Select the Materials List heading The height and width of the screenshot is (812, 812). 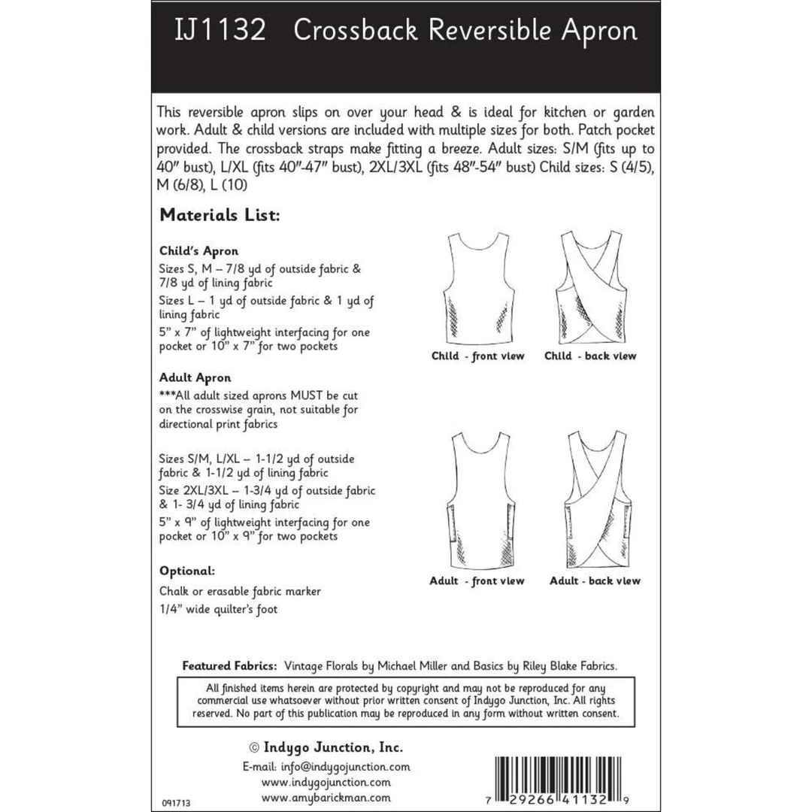(220, 216)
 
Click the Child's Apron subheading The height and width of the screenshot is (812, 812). (198, 251)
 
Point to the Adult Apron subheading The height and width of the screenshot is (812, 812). (195, 377)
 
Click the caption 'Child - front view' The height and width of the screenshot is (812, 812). (477, 356)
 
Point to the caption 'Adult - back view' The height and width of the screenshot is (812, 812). (595, 580)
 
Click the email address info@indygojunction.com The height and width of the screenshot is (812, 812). (326, 767)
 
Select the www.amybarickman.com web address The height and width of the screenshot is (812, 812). (326, 797)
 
